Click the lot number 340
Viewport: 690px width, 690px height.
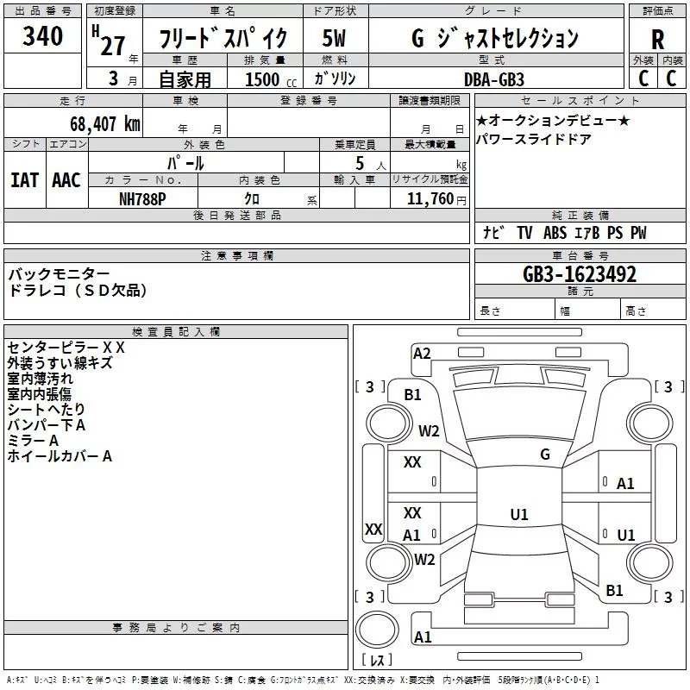click(x=42, y=36)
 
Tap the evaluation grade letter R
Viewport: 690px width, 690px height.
click(x=657, y=40)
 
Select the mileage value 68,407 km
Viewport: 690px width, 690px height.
click(x=105, y=124)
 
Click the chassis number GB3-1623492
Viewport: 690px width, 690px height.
click(x=580, y=274)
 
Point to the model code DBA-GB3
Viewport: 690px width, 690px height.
click(x=494, y=79)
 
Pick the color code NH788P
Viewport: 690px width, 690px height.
click(x=142, y=199)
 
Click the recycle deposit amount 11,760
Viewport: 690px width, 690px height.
click(x=430, y=199)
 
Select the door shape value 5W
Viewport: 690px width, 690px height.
click(x=334, y=38)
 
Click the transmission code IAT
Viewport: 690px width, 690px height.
click(x=25, y=180)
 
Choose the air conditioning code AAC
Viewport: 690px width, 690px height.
click(x=66, y=180)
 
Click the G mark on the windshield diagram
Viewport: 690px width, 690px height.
click(x=545, y=455)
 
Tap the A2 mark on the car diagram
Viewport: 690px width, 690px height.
click(x=422, y=354)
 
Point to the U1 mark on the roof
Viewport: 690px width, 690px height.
click(x=519, y=514)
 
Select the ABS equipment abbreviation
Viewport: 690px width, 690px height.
click(x=555, y=233)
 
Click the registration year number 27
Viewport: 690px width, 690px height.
click(x=112, y=46)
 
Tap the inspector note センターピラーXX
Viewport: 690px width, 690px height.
click(x=66, y=348)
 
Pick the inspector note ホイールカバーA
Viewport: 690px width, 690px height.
click(x=60, y=456)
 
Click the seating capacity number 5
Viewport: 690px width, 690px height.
click(x=360, y=163)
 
